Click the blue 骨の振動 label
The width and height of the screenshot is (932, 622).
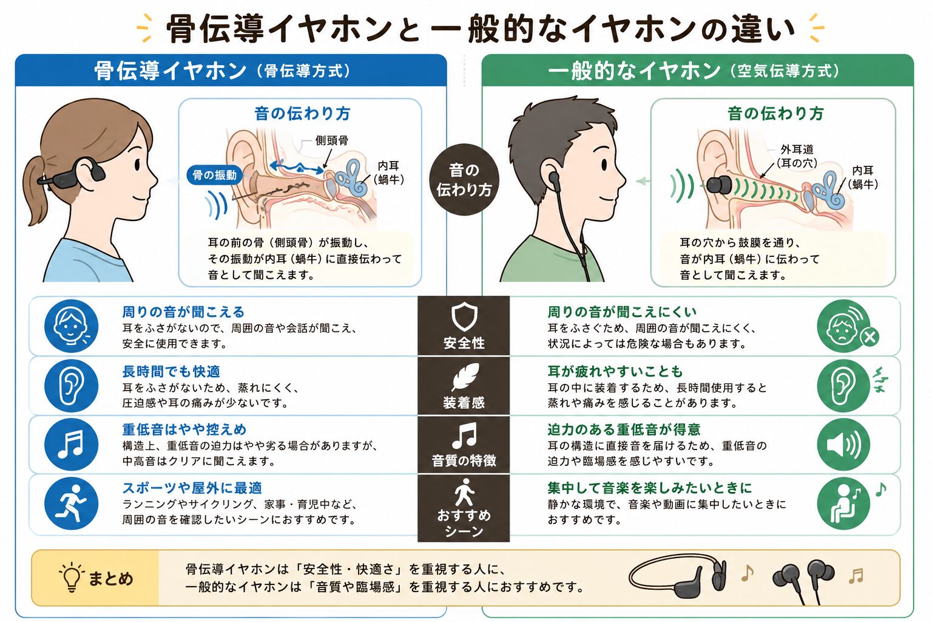click(214, 175)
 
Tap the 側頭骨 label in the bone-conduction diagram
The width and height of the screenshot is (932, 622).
click(332, 140)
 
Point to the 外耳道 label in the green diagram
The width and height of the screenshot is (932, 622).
click(797, 149)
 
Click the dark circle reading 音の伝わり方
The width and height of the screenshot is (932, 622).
click(464, 180)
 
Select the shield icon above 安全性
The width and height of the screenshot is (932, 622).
click(464, 317)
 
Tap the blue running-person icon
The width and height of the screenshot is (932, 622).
click(71, 504)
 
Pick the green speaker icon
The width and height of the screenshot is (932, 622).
click(843, 445)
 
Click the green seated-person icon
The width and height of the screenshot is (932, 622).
click(843, 504)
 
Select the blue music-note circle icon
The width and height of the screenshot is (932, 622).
click(71, 445)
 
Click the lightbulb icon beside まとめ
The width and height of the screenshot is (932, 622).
click(72, 577)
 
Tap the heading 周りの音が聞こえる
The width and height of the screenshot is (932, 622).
click(183, 312)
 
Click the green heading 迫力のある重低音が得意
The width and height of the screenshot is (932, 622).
click(624, 429)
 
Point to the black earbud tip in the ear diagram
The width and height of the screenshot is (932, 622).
click(718, 185)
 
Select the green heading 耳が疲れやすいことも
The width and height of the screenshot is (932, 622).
click(615, 371)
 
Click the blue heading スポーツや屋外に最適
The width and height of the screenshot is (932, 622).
click(192, 487)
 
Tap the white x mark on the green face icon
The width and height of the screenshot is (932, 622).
click(870, 337)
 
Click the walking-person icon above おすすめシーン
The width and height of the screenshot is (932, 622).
click(464, 492)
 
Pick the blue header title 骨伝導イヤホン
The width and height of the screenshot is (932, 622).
click(170, 70)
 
